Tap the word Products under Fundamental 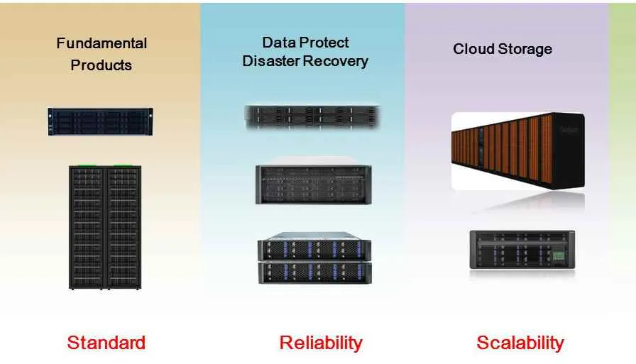click(x=101, y=65)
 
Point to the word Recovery click(x=336, y=61)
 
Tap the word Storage click(x=525, y=50)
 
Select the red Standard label click(x=106, y=343)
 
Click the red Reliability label click(x=321, y=343)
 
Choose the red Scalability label click(x=520, y=343)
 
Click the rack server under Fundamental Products click(x=100, y=121)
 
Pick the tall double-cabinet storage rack click(x=104, y=227)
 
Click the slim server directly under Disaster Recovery click(x=312, y=117)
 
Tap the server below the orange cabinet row click(x=522, y=249)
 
